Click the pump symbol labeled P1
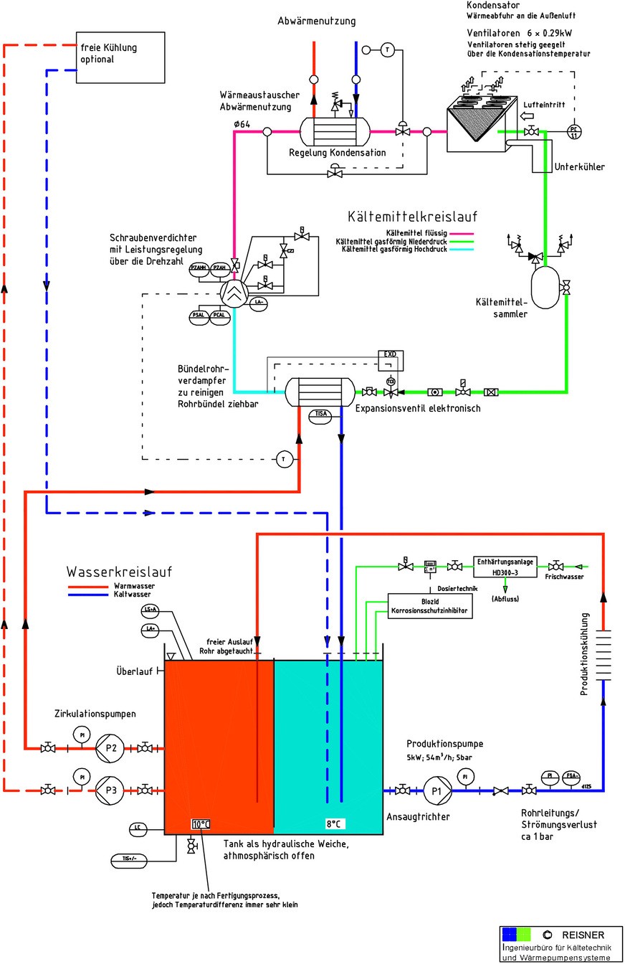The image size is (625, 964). (x=436, y=790)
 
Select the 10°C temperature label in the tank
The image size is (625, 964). (x=200, y=824)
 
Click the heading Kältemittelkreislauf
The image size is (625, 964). (x=412, y=216)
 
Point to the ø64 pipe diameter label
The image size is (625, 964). (x=242, y=124)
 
